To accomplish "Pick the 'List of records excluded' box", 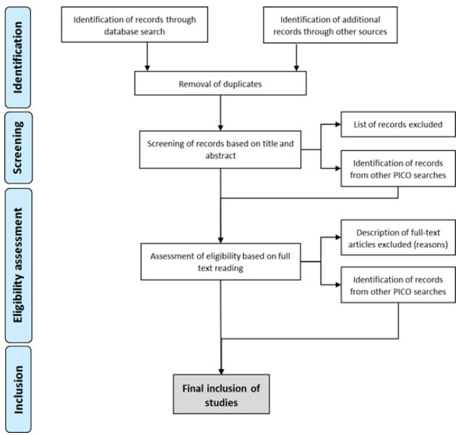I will (397, 124).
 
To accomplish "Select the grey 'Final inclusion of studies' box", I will (220, 395).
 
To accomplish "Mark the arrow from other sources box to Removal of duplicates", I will (298, 58).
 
